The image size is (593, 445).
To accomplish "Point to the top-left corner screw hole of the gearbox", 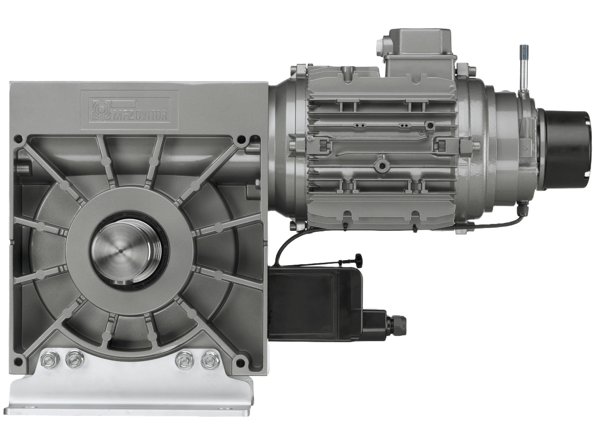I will pos(19,139).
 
